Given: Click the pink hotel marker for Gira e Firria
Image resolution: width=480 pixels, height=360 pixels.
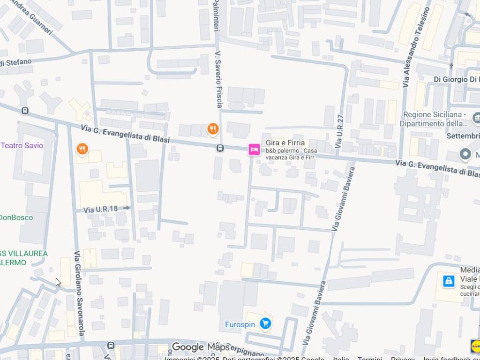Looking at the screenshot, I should click(x=254, y=150).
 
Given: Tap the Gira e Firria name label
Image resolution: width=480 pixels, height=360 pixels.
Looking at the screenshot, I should click(x=285, y=142).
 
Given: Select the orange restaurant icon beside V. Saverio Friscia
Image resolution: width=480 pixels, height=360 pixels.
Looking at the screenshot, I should click(x=213, y=128).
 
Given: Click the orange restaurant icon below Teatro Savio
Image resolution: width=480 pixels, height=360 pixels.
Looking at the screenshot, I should click(x=82, y=149).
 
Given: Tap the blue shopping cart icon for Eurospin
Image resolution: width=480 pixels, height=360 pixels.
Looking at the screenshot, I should click(x=265, y=323).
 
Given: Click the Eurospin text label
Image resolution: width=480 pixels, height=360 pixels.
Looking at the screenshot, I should click(x=240, y=324).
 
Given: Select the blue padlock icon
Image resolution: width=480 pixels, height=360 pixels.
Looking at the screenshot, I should click(x=449, y=281).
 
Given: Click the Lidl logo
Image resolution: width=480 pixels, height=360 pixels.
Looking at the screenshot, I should click(x=475, y=346).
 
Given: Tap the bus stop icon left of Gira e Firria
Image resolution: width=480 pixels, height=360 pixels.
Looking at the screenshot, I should click(x=220, y=148).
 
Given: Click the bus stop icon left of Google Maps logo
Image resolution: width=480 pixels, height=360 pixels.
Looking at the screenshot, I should click(x=111, y=345).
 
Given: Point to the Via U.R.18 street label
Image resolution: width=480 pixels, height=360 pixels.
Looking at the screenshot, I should click(x=101, y=209).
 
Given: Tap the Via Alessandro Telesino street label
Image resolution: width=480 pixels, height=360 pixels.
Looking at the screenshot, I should click(x=416, y=47).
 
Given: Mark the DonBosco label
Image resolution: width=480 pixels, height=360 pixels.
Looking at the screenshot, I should click(x=16, y=217).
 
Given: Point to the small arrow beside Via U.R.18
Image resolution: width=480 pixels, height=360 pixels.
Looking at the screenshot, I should click(x=126, y=208).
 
